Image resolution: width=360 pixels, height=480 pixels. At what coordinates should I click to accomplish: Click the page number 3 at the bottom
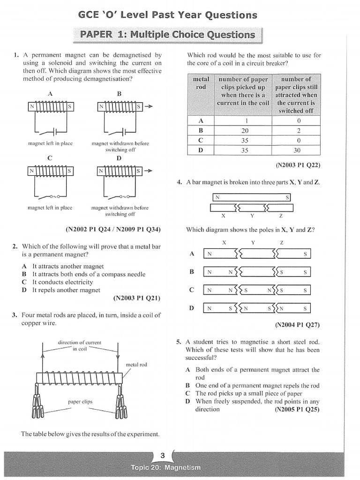point(162,456)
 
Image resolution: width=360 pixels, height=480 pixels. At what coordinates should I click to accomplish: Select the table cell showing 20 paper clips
point(245,130)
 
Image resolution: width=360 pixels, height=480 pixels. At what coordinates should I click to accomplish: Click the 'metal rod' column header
point(201,83)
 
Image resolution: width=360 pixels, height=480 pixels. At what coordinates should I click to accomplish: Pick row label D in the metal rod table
point(201,150)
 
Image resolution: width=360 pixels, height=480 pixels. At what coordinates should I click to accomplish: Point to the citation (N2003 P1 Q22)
point(298,165)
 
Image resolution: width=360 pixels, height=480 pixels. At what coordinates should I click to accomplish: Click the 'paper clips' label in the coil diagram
point(80,402)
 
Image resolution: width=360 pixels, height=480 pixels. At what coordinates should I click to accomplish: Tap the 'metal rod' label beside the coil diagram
point(136,364)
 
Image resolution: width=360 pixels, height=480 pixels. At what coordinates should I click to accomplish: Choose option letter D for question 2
point(24,290)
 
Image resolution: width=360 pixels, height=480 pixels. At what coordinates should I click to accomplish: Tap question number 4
point(180,182)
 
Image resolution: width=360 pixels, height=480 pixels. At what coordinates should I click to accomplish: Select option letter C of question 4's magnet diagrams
point(191,290)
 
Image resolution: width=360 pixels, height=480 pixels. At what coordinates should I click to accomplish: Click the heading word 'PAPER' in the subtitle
point(96,34)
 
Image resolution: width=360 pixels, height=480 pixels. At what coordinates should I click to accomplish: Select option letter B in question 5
point(187,385)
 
